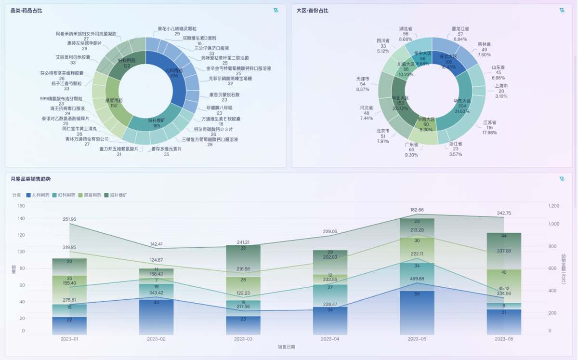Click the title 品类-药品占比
tap(26, 11)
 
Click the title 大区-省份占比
tap(312, 11)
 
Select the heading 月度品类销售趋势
tap(30, 179)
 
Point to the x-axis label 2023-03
tap(243, 339)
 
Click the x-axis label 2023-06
tap(504, 339)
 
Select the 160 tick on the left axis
tap(21, 206)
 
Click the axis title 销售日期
tap(287, 347)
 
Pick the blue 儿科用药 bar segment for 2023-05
tap(417, 313)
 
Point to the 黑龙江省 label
tap(460, 29)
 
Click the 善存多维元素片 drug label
tap(166, 149)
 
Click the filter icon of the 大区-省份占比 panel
tap(562, 11)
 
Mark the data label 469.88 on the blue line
tap(417, 279)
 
